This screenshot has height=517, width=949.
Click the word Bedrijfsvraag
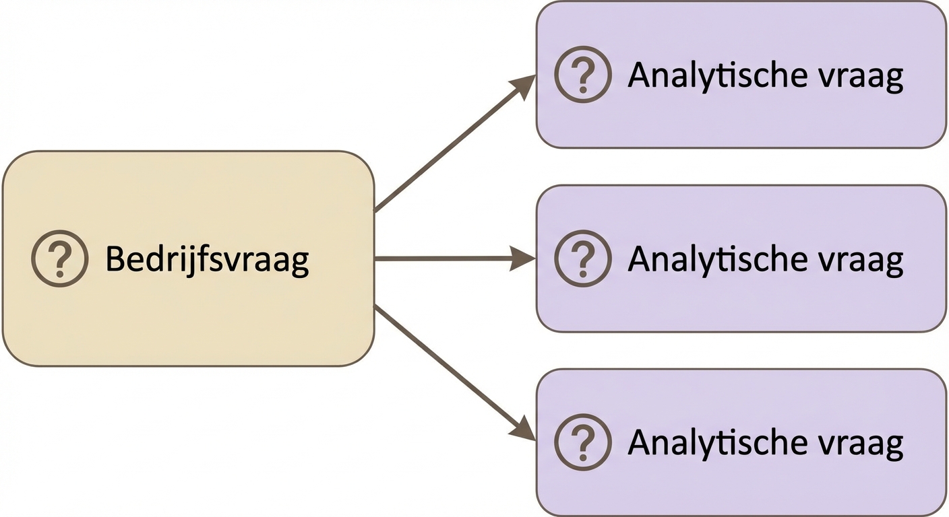click(x=207, y=259)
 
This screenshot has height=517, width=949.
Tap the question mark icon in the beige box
click(x=60, y=258)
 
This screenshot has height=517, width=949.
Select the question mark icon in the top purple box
click(x=583, y=75)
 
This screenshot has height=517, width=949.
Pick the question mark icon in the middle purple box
click(x=583, y=258)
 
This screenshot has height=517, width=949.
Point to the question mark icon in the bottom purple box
click(x=583, y=442)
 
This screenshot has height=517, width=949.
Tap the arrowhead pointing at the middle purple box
click(x=522, y=258)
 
